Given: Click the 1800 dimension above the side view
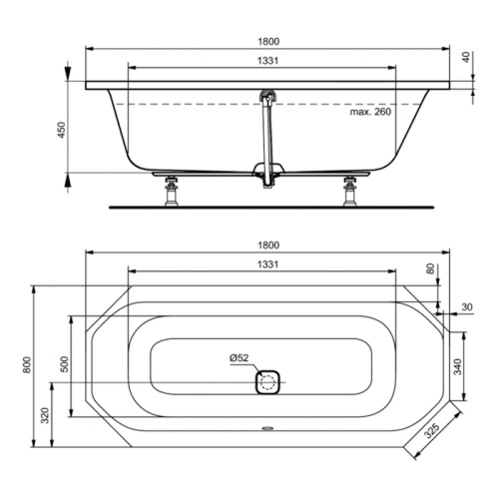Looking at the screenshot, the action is click(x=268, y=42).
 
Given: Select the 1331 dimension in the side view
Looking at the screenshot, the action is click(x=267, y=61).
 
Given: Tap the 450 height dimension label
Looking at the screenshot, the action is click(x=62, y=130).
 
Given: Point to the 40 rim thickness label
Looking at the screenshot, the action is click(x=466, y=57).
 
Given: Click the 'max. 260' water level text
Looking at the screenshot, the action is click(x=370, y=112).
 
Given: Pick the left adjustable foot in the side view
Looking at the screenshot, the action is click(x=172, y=192).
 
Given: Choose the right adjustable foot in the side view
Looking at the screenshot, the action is click(x=349, y=192).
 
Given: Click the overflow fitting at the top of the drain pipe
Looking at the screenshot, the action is click(x=267, y=96).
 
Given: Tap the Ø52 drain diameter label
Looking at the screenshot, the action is click(x=239, y=358).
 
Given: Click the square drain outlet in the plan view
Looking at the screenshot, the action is click(x=267, y=381).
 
